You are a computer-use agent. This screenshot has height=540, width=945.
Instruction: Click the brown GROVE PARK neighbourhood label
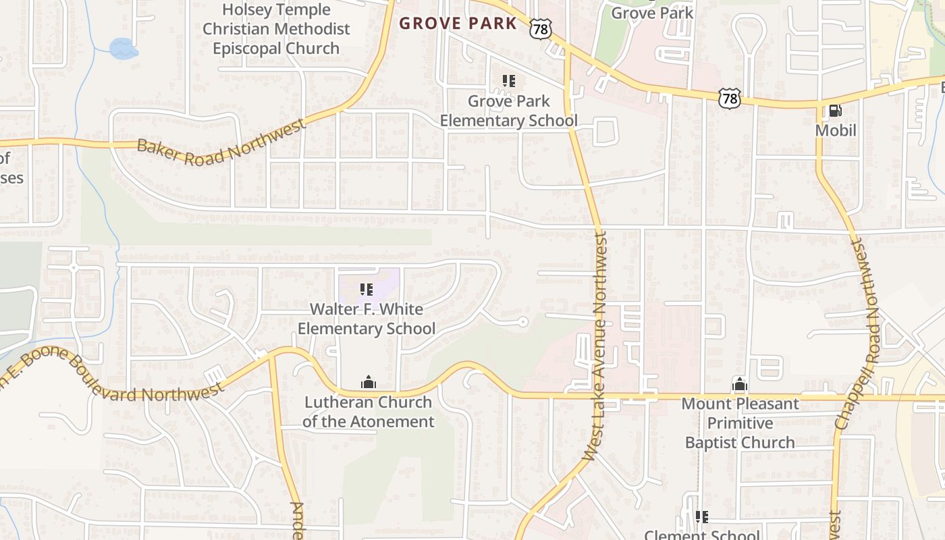(x=458, y=24)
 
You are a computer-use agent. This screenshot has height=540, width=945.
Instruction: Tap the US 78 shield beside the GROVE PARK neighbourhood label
(x=541, y=28)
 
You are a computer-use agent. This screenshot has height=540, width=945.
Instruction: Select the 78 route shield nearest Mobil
(x=730, y=99)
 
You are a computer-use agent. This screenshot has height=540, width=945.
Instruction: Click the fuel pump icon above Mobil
(x=835, y=110)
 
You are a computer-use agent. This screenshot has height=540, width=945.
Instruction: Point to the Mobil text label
(x=836, y=130)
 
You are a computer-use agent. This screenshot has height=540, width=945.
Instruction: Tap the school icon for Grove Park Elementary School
(x=509, y=82)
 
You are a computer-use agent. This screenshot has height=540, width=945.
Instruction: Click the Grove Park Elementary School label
(x=509, y=111)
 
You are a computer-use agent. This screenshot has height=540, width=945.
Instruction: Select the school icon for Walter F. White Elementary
(x=367, y=290)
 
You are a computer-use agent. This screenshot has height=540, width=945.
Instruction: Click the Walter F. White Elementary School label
(x=367, y=319)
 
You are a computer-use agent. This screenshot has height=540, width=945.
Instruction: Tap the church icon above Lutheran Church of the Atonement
(x=368, y=383)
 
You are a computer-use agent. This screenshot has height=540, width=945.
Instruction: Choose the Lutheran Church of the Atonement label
(x=369, y=412)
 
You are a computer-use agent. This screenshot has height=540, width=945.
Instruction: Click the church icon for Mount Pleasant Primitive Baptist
(x=740, y=385)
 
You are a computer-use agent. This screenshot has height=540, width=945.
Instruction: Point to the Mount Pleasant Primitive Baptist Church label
(x=740, y=423)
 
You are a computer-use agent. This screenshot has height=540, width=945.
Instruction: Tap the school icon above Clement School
(x=702, y=517)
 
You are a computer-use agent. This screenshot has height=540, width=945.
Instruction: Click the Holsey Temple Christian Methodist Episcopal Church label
(x=276, y=29)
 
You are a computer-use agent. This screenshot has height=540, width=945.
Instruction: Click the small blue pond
(x=123, y=48)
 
